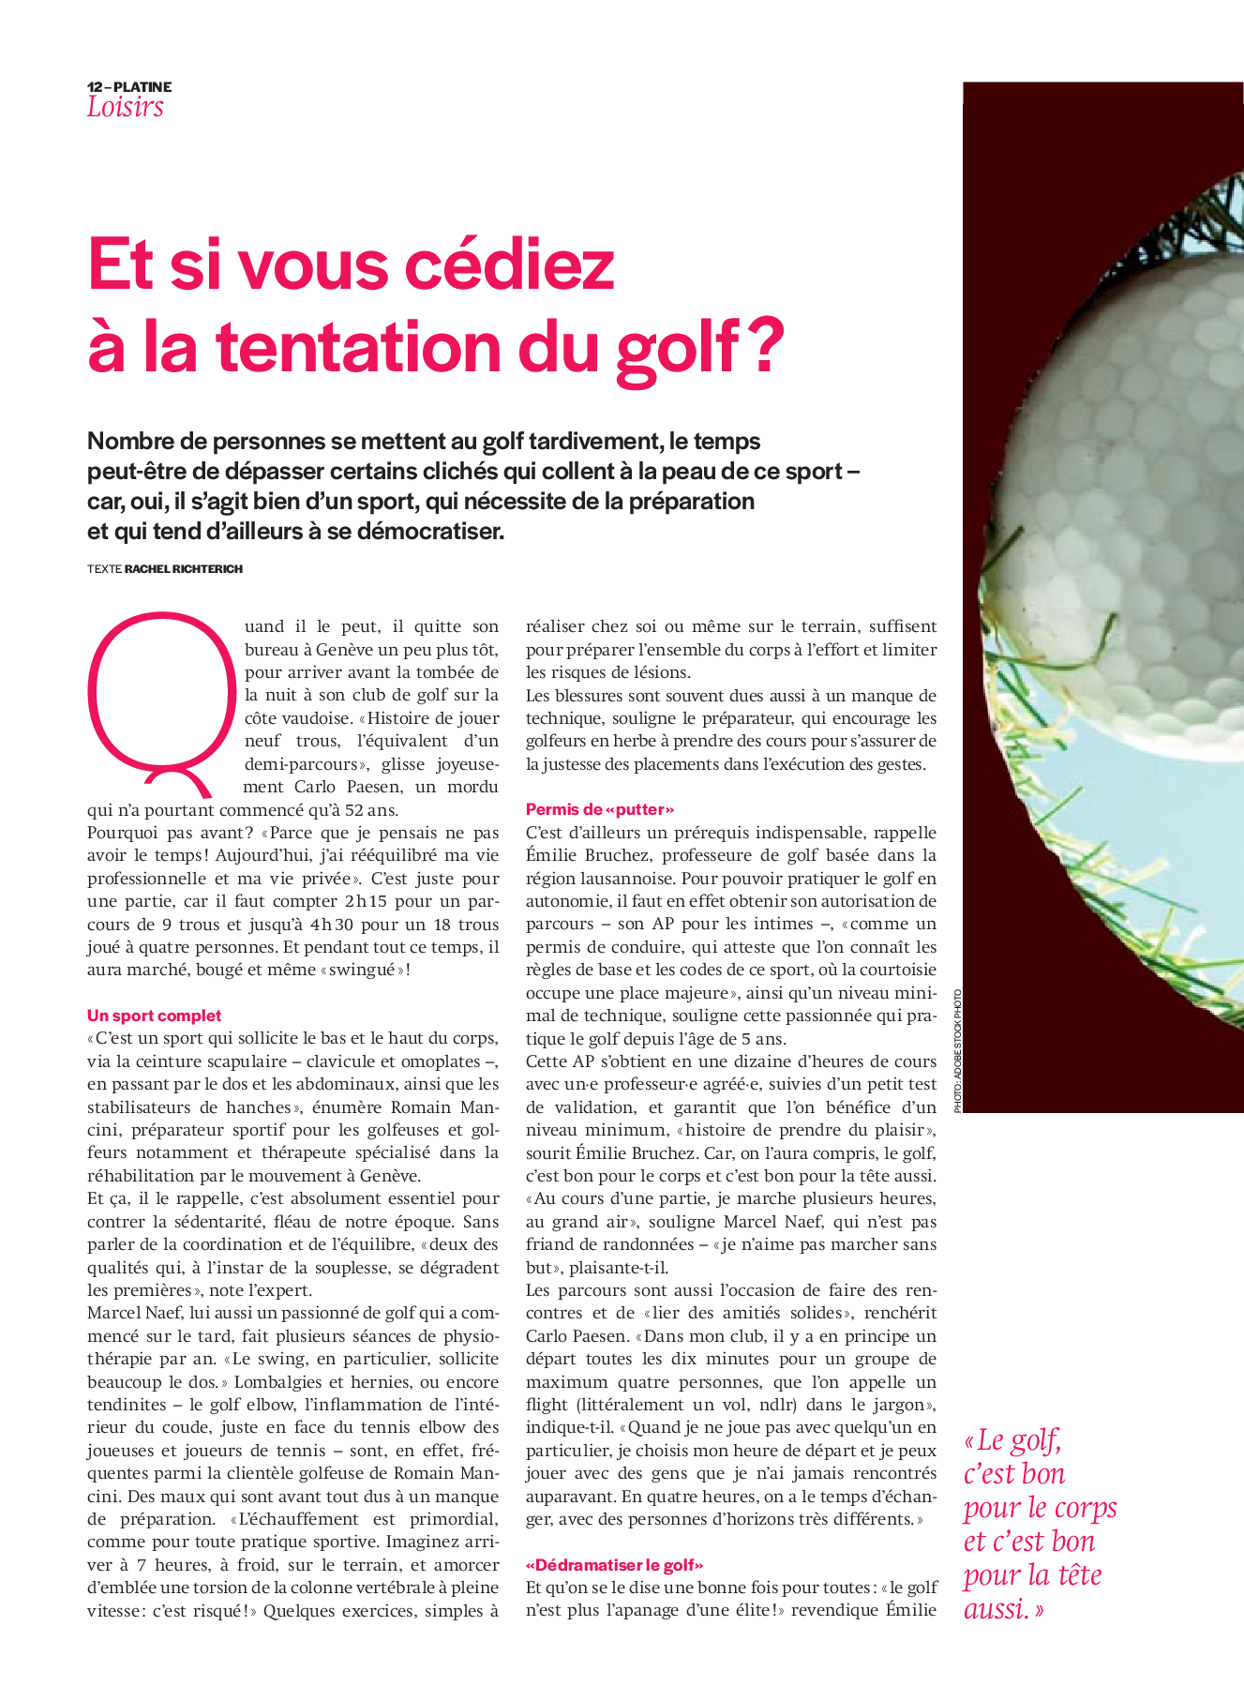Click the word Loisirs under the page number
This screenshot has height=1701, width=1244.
click(125, 107)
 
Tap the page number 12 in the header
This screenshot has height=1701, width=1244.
click(95, 87)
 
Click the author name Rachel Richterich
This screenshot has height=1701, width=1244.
click(184, 569)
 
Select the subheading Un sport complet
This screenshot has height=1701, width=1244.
click(155, 1016)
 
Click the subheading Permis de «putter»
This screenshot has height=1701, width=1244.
click(600, 809)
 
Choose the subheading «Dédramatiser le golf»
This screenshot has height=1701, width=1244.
click(615, 1565)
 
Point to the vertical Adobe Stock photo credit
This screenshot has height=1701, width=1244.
click(957, 1050)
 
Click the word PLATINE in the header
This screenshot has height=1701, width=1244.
click(142, 87)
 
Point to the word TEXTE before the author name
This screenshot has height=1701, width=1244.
click(104, 569)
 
